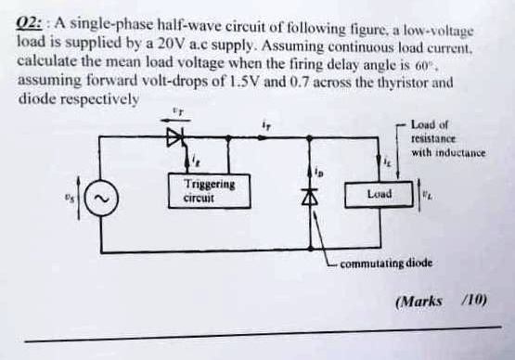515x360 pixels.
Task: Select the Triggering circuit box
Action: tap(209, 191)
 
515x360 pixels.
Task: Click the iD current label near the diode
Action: tap(319, 172)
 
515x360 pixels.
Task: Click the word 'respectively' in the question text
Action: tap(100, 97)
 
